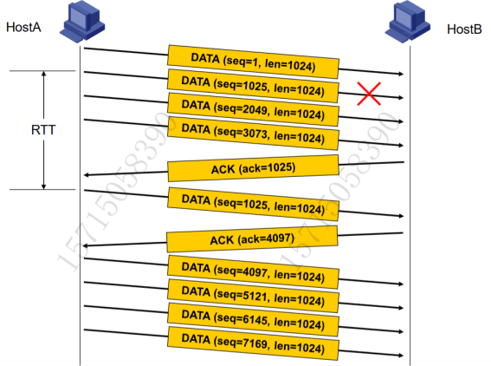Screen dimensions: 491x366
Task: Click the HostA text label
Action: click(x=23, y=27)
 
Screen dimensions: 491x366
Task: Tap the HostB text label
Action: click(x=464, y=29)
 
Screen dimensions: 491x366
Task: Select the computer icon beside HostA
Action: click(x=82, y=22)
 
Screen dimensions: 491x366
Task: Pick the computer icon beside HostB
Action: click(x=408, y=22)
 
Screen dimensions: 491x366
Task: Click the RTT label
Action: click(x=43, y=130)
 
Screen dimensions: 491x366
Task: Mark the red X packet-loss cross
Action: click(x=369, y=94)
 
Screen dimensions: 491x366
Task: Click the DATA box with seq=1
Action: click(x=254, y=62)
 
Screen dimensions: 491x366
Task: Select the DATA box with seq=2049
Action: click(x=254, y=109)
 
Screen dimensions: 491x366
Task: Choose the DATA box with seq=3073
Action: click(x=254, y=134)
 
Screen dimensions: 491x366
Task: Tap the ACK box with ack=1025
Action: click(x=254, y=168)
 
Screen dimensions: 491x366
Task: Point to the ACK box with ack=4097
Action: click(x=252, y=239)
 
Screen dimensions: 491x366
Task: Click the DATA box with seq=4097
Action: click(x=254, y=272)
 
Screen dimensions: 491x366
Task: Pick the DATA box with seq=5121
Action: click(x=254, y=296)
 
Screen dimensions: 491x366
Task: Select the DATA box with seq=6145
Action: click(x=254, y=319)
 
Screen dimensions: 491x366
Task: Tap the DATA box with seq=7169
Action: click(x=254, y=343)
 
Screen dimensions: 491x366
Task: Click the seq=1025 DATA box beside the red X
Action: click(x=254, y=86)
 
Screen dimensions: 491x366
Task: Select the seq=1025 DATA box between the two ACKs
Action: click(x=254, y=204)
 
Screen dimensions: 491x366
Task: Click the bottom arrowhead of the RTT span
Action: click(x=44, y=188)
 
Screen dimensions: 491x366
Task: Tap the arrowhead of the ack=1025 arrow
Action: click(x=85, y=175)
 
